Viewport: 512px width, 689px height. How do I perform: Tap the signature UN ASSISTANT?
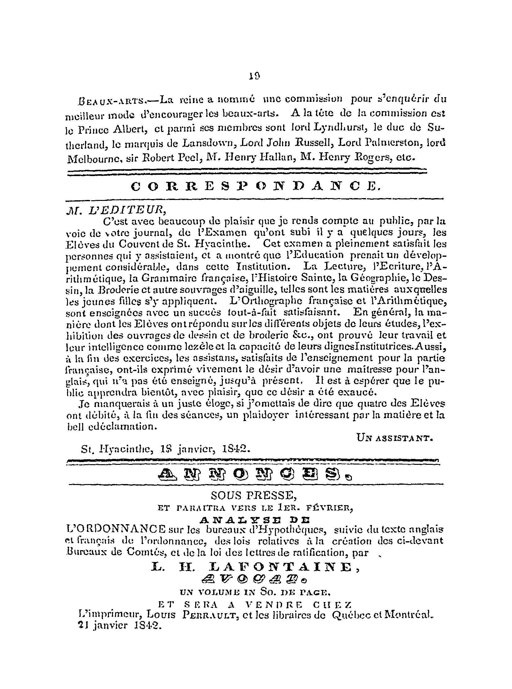pyautogui.click(x=394, y=438)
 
